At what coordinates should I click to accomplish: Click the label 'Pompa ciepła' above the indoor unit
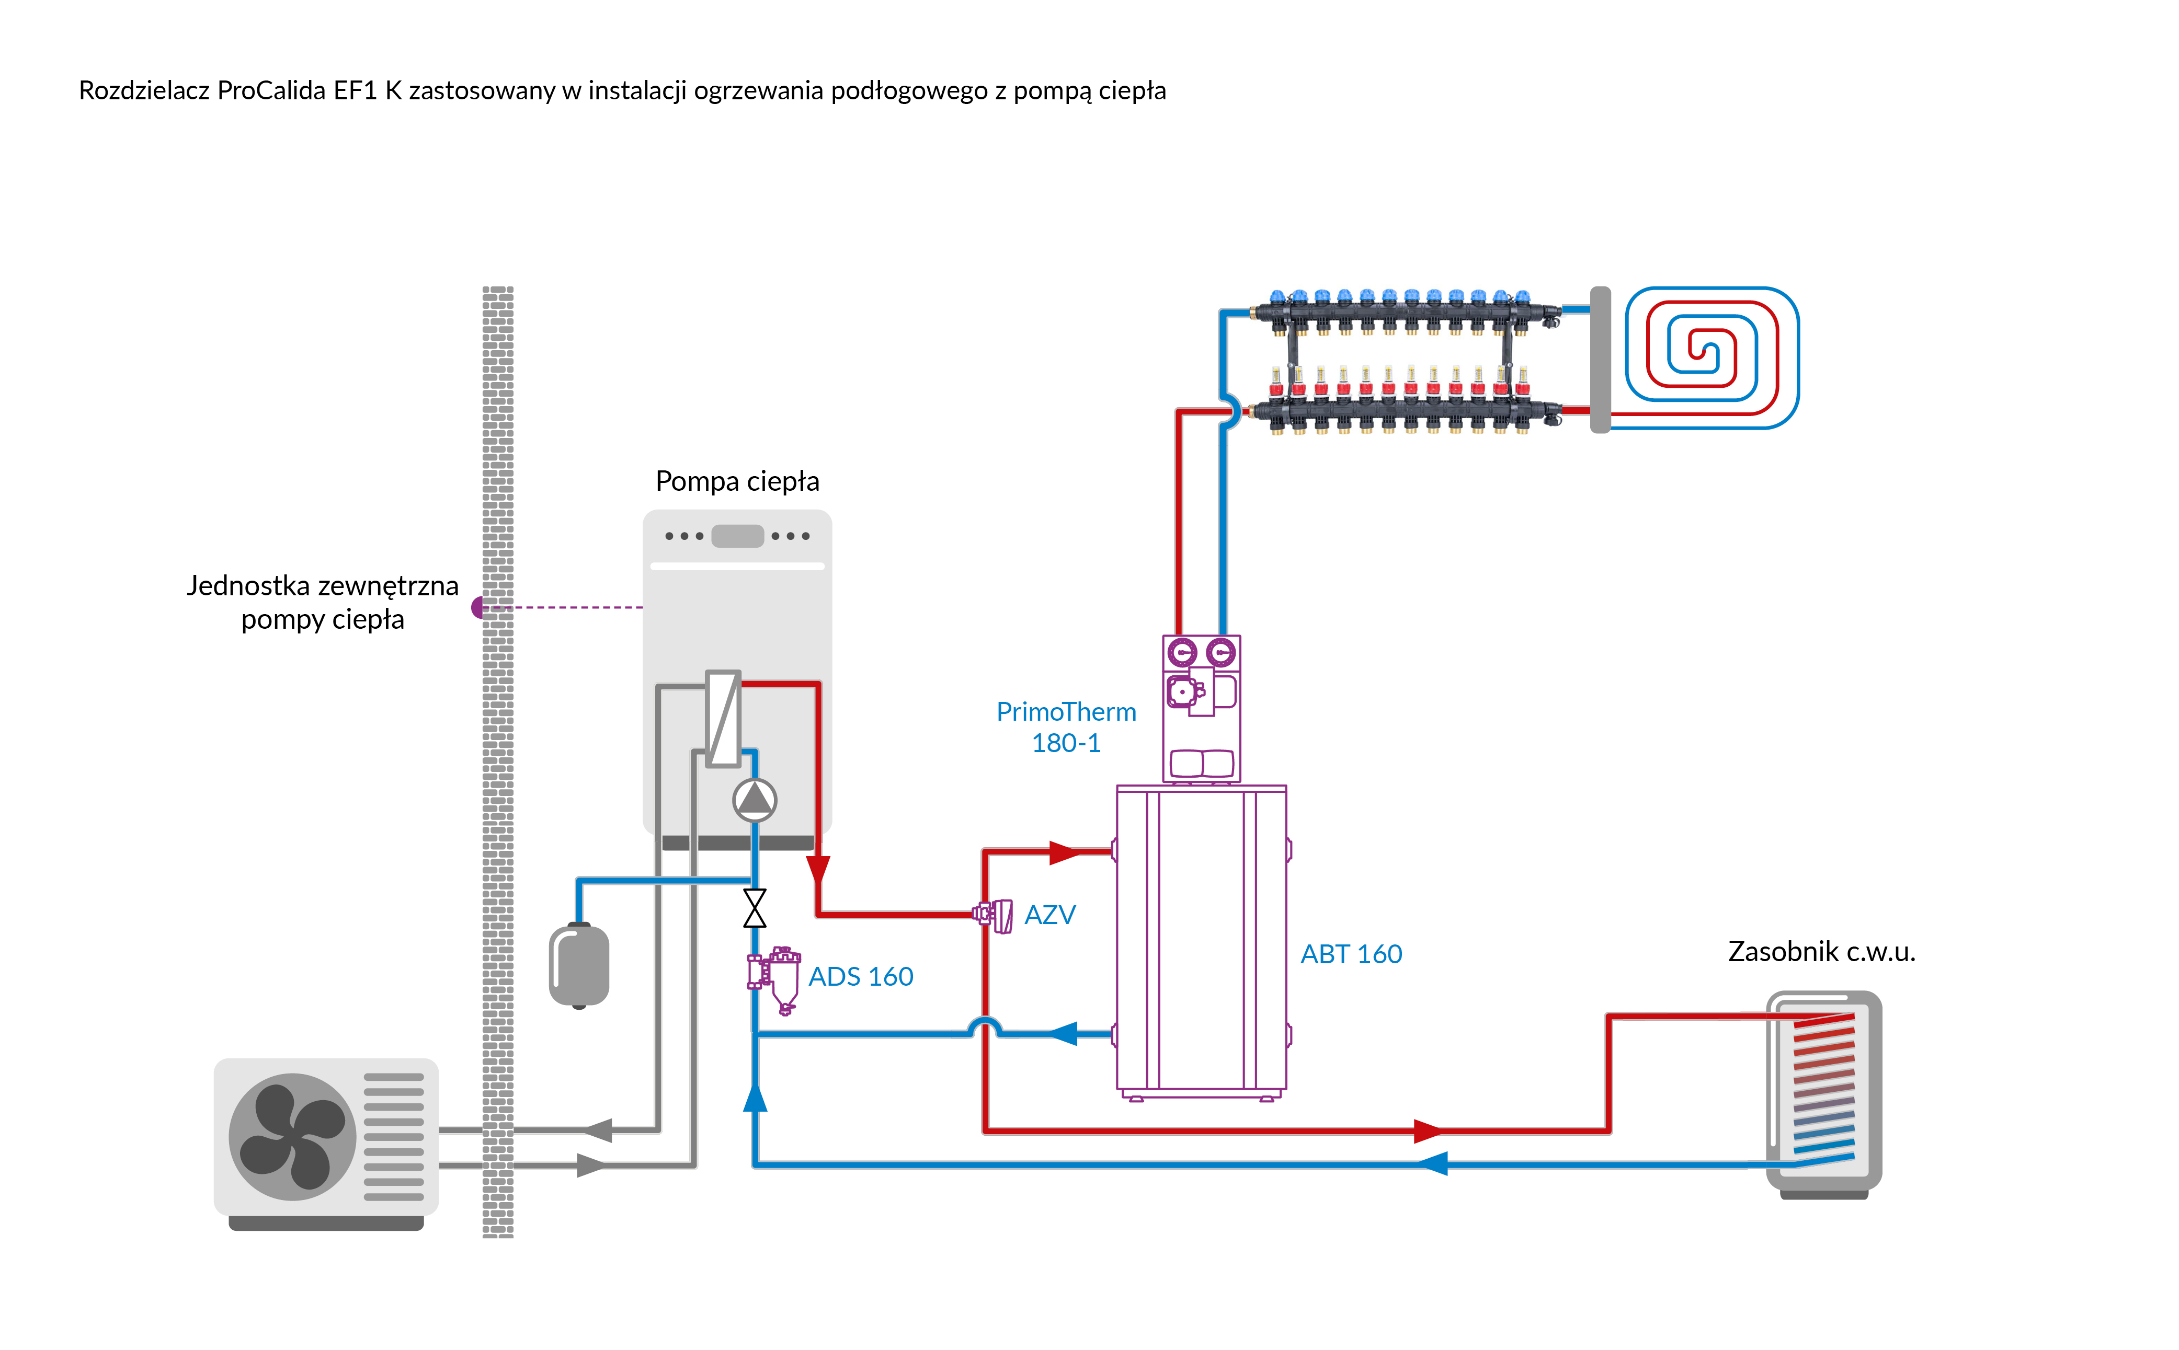(x=737, y=481)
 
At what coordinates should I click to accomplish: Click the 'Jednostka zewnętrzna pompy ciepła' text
(x=323, y=602)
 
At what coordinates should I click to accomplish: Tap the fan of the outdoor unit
(x=292, y=1136)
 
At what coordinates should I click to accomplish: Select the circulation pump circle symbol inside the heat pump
(x=755, y=800)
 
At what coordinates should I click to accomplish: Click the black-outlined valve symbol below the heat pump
(x=755, y=908)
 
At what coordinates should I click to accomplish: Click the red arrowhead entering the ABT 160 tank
(x=1065, y=852)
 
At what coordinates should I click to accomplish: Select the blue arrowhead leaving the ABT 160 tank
(x=1063, y=1034)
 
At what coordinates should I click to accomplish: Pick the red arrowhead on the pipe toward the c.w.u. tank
(x=1427, y=1131)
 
